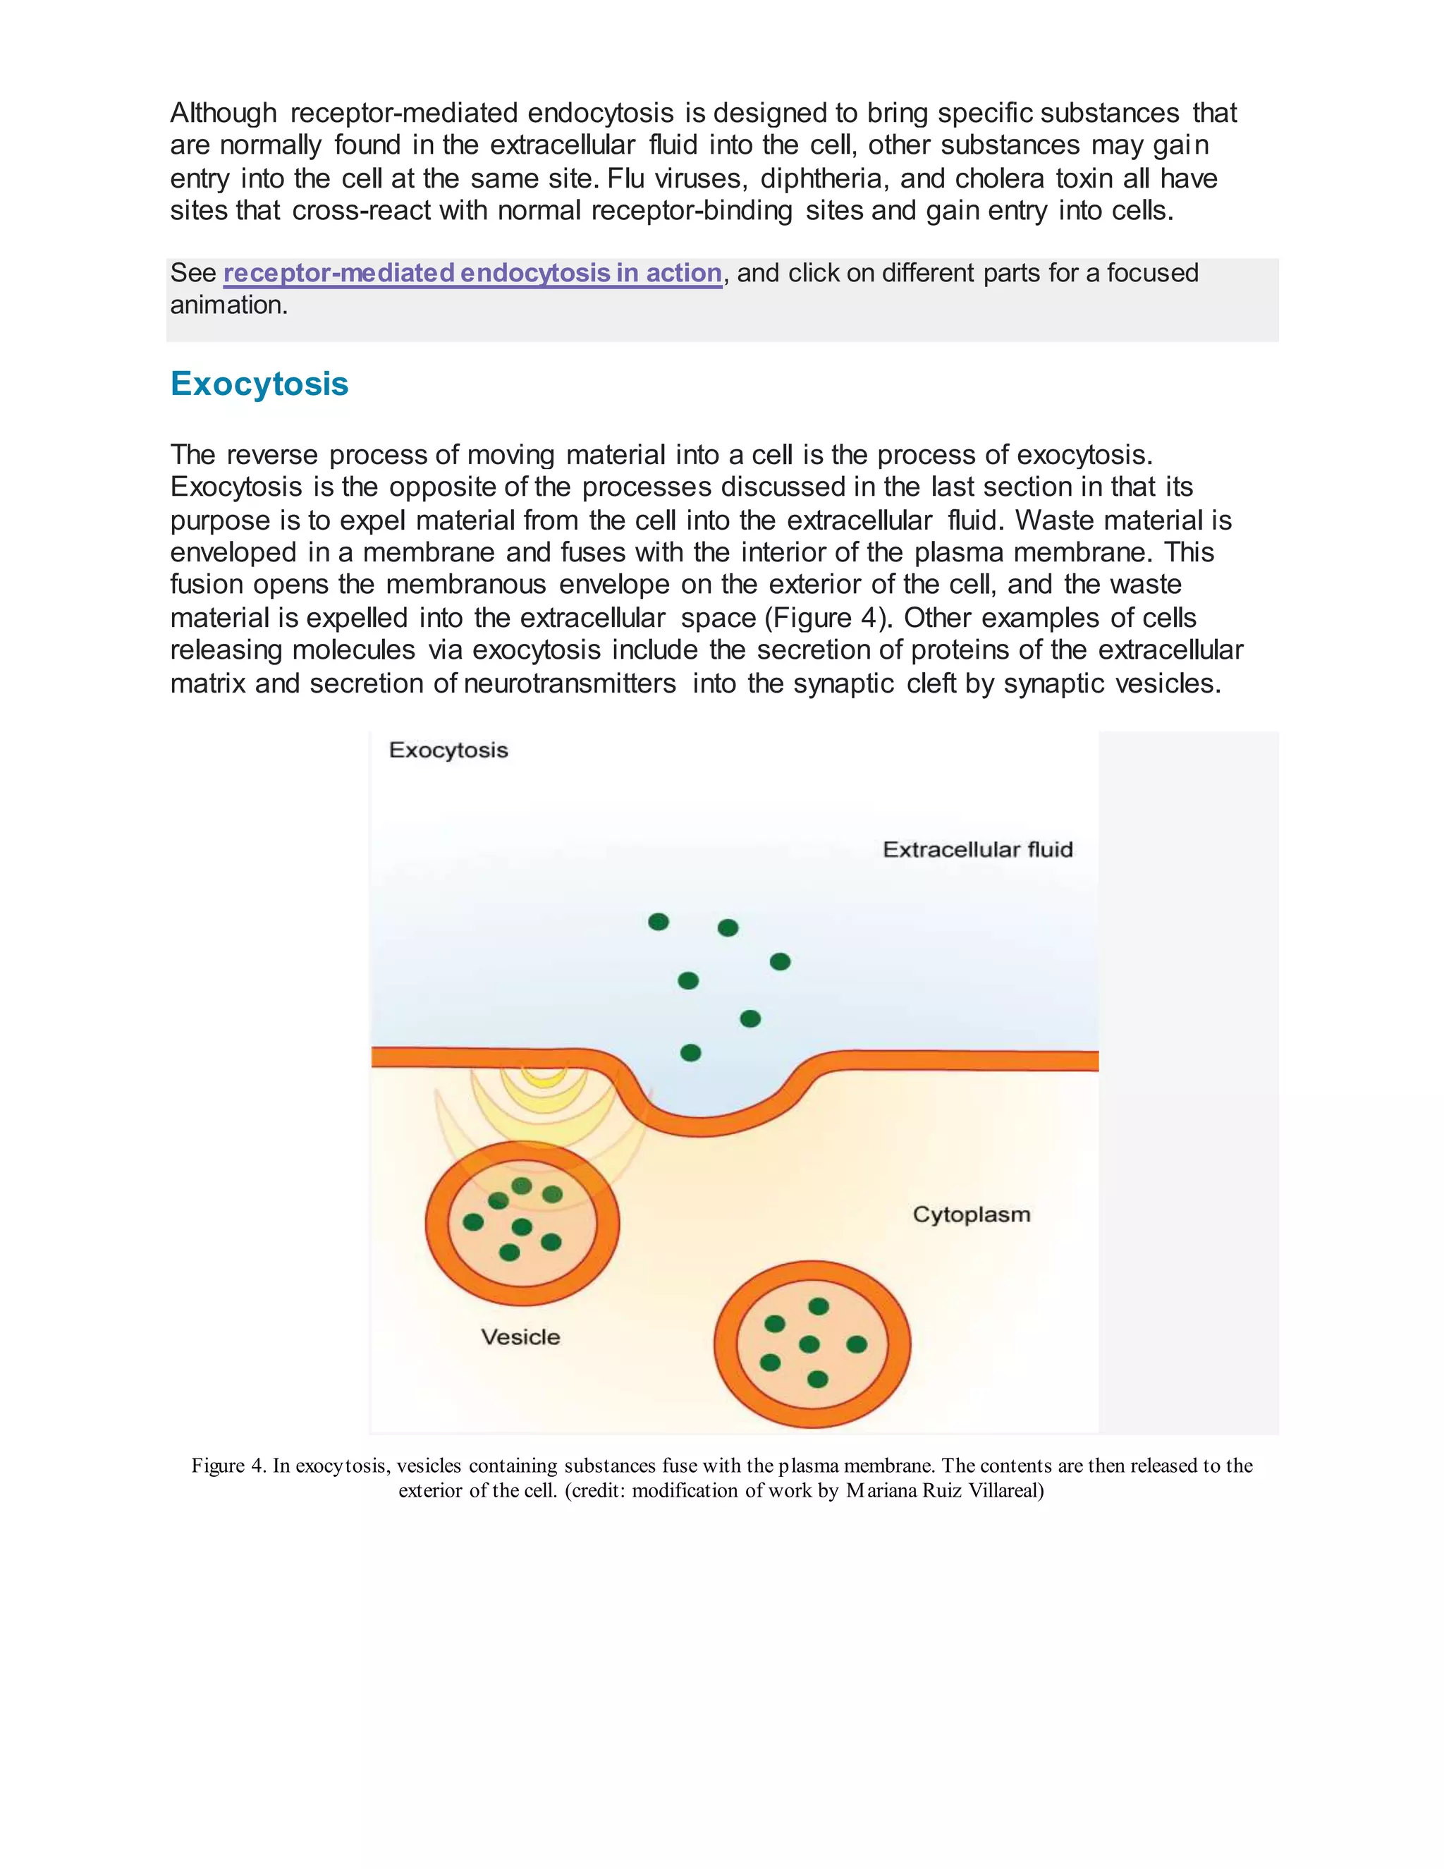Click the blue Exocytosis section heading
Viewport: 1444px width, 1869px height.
(259, 384)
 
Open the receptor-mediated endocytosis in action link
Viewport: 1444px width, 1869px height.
(472, 273)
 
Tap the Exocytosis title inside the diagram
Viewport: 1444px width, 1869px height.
(448, 750)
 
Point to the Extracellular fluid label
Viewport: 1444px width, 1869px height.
(977, 850)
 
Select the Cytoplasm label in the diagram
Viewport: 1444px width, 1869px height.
(971, 1214)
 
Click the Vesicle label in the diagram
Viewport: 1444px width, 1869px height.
(520, 1337)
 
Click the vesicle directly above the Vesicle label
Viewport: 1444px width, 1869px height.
(522, 1224)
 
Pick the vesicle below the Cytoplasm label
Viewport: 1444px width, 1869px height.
(812, 1344)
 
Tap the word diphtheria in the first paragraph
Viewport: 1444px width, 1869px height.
(823, 179)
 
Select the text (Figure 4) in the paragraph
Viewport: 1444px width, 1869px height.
(828, 618)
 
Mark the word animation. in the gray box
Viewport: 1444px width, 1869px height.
(228, 305)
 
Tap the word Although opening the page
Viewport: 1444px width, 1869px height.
(224, 113)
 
